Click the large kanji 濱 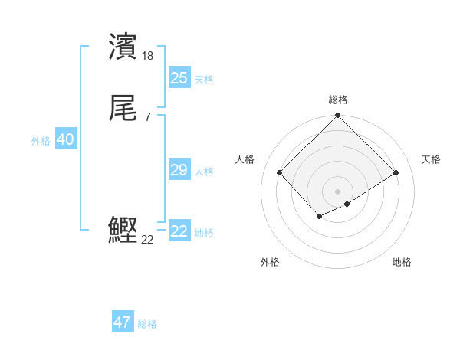tap(123, 47)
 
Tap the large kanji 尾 tap(123, 109)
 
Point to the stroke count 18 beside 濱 tap(148, 56)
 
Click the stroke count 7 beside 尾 tap(147, 117)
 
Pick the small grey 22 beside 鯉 tap(148, 240)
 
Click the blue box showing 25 tap(179, 78)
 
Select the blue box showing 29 tap(179, 170)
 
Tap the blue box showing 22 tap(179, 231)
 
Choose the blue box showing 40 tap(65, 139)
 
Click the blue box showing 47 tap(122, 322)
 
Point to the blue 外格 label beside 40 tap(41, 141)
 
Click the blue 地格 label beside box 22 tap(204, 233)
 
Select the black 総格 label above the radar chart tap(338, 100)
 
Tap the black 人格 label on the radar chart tap(245, 159)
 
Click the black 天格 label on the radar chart tap(431, 159)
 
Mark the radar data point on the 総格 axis tap(337, 116)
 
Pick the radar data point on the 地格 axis tap(347, 204)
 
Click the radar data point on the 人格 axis tap(280, 172)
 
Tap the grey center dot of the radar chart tap(337, 191)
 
